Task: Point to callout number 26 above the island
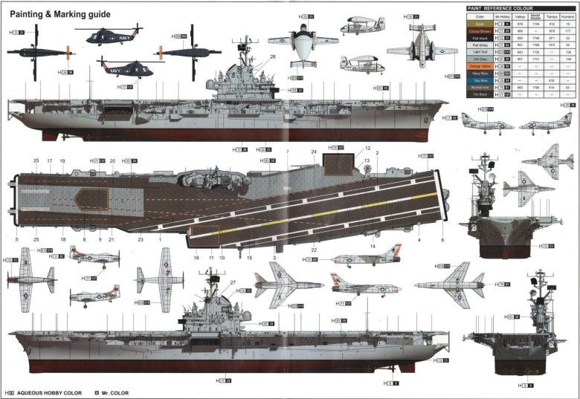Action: (x=273, y=56)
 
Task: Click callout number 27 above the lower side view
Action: (x=233, y=283)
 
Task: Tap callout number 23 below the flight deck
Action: (x=140, y=239)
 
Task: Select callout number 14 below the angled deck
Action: (x=373, y=246)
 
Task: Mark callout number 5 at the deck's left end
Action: (x=16, y=239)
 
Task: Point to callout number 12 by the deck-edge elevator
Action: (x=367, y=149)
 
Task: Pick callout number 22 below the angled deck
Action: (x=314, y=250)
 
